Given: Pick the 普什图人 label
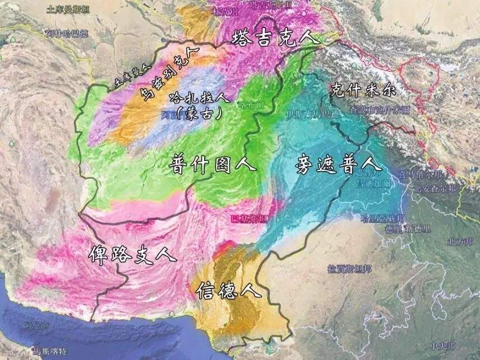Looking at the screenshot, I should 212,163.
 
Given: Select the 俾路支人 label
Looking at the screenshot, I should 132,254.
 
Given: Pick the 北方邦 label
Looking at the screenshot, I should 460,241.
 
